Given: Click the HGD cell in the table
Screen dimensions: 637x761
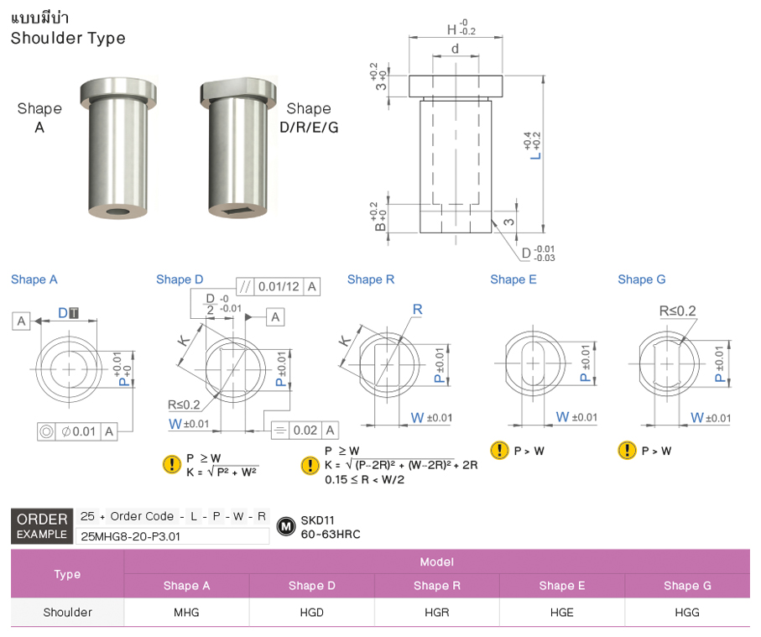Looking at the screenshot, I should point(311,612).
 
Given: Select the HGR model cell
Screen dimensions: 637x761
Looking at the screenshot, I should point(436,612).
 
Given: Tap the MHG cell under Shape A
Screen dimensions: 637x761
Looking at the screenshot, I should point(186,612).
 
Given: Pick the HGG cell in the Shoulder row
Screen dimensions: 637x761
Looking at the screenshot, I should point(686,612).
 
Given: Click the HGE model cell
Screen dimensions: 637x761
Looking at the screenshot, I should point(561,612).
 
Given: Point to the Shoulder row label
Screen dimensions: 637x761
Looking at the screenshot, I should point(67,612).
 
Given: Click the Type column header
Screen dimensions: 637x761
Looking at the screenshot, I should point(67,574).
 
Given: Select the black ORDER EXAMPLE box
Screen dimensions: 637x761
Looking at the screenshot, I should point(42,526).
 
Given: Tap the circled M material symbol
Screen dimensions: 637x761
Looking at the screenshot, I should point(285,526).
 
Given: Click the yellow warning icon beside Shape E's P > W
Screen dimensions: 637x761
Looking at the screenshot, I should point(499,451).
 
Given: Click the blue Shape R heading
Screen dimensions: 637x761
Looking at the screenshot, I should point(370,279).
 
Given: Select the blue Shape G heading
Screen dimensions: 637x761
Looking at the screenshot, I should point(641,279).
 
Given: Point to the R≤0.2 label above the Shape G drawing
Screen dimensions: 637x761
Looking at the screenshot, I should point(677,311).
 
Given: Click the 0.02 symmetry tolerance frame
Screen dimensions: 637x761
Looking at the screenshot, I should point(306,431).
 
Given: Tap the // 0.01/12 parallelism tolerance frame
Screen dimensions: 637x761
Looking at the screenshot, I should point(278,286).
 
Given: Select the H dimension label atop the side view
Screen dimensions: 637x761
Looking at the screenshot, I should point(453,30).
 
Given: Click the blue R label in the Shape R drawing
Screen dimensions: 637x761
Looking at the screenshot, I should point(417,310).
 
